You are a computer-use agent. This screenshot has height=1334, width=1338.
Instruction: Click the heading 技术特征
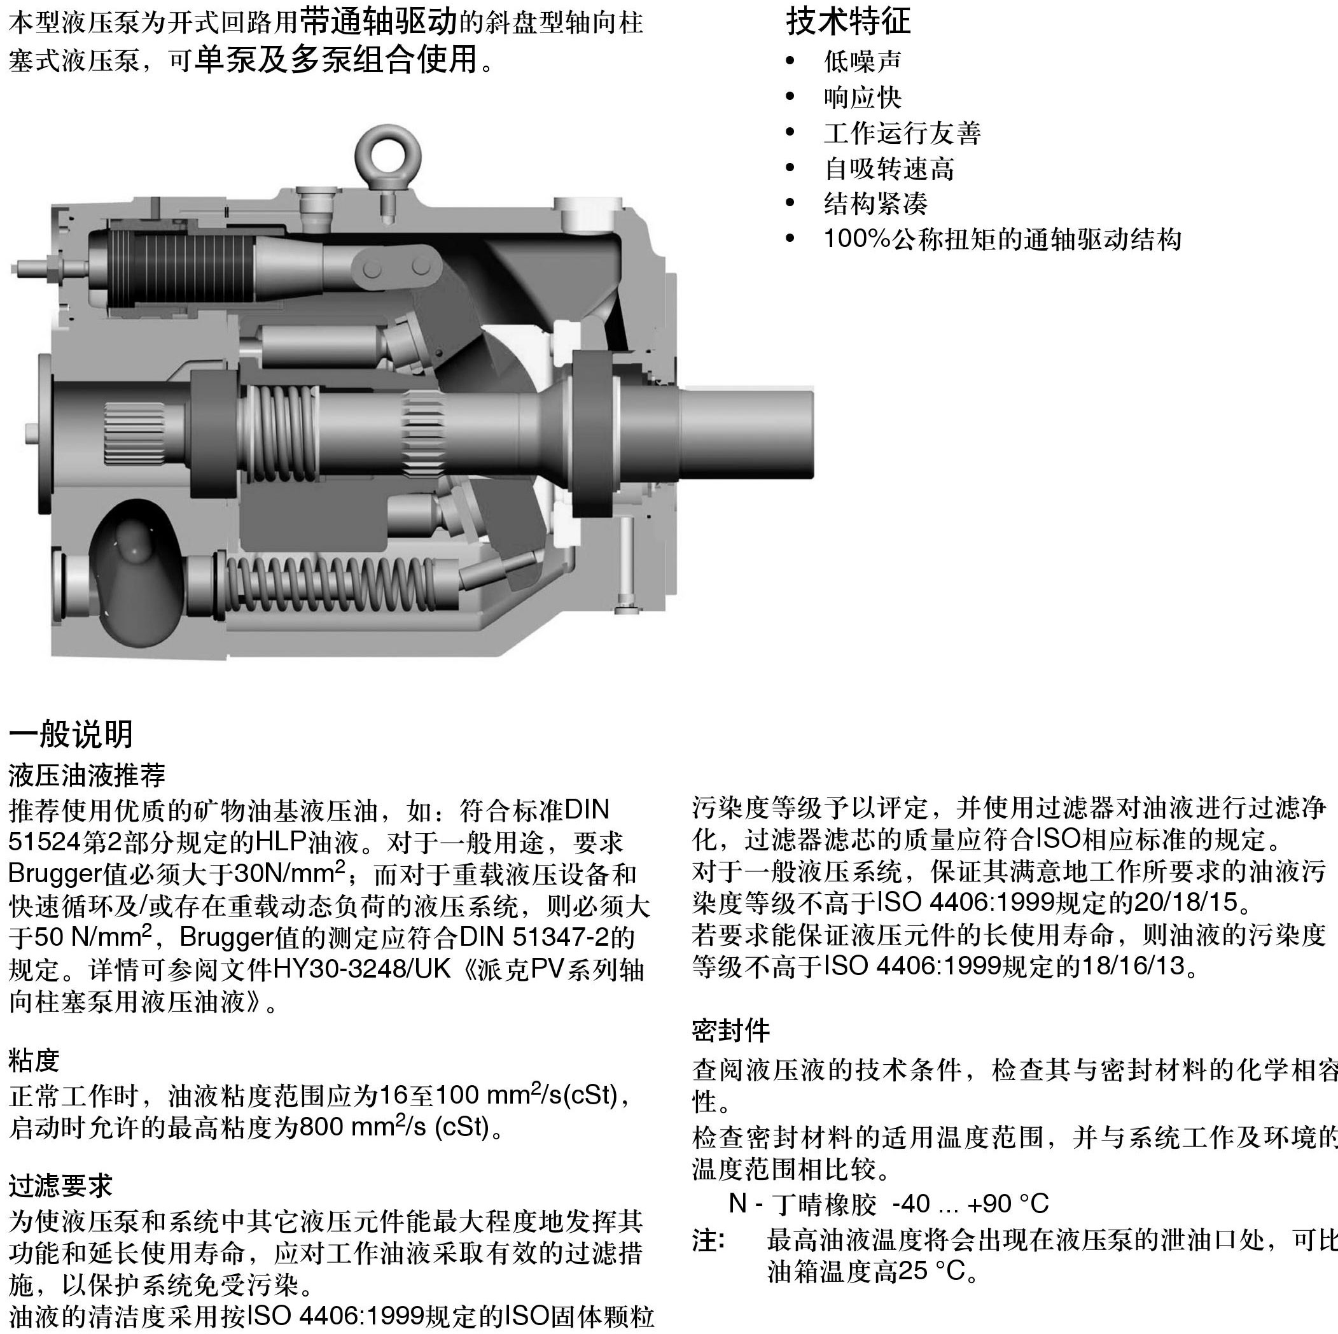(x=848, y=21)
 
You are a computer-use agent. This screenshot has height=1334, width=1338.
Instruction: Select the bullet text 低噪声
(x=862, y=62)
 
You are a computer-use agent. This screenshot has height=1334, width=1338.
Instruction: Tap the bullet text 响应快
(x=862, y=97)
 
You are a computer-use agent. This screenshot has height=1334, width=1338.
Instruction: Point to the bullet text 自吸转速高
(x=889, y=168)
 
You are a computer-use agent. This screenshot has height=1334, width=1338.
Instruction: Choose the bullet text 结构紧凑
(x=875, y=204)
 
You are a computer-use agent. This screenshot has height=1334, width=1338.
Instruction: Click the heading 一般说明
(x=71, y=734)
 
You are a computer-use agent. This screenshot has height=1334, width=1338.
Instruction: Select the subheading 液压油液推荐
(x=87, y=775)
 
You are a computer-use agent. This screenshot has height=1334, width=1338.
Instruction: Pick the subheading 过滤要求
(x=60, y=1185)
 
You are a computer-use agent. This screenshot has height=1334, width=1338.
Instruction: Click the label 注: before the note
(x=707, y=1240)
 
